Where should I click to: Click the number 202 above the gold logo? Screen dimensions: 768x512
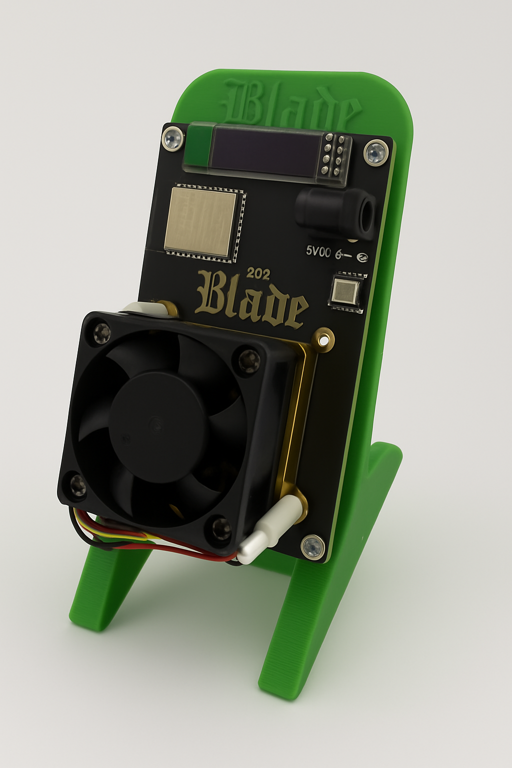tap(258, 273)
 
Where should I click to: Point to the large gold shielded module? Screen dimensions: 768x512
tap(201, 219)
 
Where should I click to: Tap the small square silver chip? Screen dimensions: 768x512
tap(346, 291)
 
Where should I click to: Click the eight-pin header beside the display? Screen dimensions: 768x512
tap(333, 155)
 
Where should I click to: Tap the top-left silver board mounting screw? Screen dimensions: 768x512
tap(173, 137)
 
